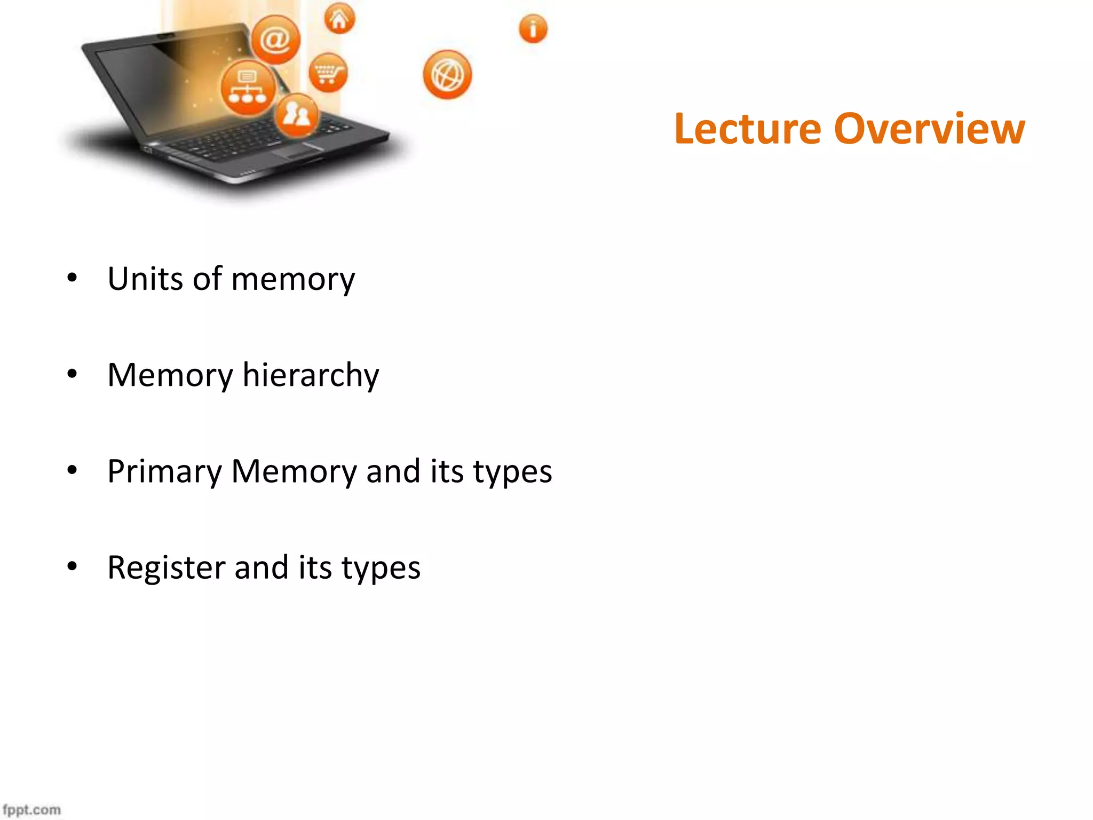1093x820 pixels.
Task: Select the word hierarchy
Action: [x=311, y=375]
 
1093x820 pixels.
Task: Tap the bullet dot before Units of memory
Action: [x=72, y=278]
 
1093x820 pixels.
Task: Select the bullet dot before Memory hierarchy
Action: [x=72, y=374]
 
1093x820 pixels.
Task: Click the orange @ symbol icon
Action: [x=275, y=40]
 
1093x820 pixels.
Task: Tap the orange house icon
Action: [x=339, y=19]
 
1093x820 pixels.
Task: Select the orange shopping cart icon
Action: [x=328, y=73]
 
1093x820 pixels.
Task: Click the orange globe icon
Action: [x=447, y=75]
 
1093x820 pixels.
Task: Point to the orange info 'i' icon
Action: [x=533, y=28]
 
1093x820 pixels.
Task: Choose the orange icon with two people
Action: [x=296, y=115]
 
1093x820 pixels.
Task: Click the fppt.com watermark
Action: [x=32, y=809]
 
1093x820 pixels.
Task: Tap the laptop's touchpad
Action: [x=297, y=152]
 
